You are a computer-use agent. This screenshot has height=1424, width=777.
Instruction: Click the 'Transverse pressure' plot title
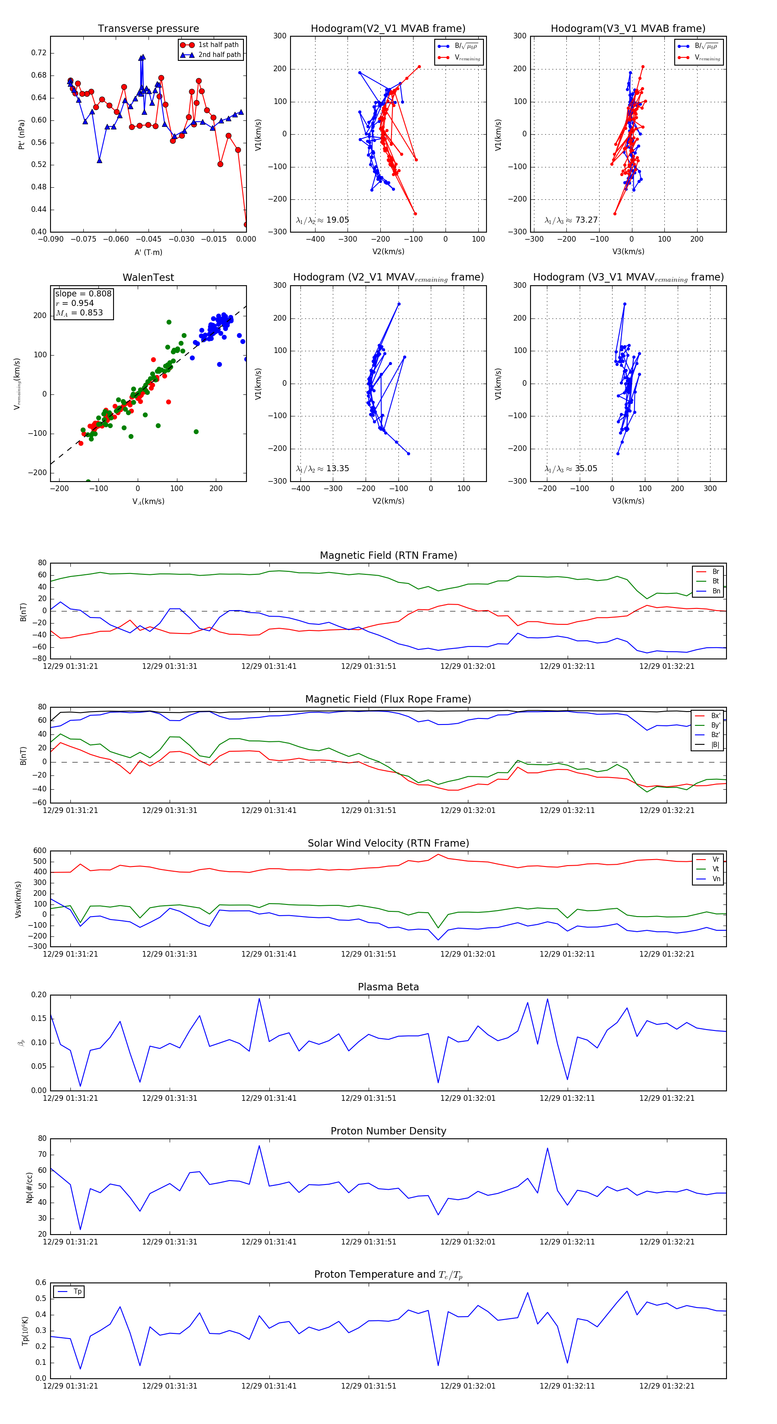tap(148, 29)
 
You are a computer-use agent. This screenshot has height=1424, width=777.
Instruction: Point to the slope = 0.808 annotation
tap(83, 293)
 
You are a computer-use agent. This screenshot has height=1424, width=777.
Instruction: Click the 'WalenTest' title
tap(148, 277)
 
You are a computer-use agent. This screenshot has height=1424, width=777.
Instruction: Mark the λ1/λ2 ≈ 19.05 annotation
tap(322, 220)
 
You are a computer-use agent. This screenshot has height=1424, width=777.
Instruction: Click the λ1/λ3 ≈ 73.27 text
tap(571, 220)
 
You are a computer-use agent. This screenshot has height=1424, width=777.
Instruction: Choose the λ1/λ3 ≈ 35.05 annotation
tap(571, 469)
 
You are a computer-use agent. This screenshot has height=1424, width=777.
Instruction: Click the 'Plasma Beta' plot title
tap(388, 987)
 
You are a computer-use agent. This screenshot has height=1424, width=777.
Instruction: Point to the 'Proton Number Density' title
tap(388, 1131)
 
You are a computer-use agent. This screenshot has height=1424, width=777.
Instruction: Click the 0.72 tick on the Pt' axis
tap(39, 53)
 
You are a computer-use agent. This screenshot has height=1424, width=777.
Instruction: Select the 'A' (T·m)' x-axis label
tap(148, 252)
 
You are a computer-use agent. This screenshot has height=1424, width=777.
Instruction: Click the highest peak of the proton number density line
tap(259, 1145)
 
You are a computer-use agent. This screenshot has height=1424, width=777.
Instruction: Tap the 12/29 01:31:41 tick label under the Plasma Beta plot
tap(269, 1098)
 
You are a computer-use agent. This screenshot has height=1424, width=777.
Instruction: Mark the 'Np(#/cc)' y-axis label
tap(30, 1188)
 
